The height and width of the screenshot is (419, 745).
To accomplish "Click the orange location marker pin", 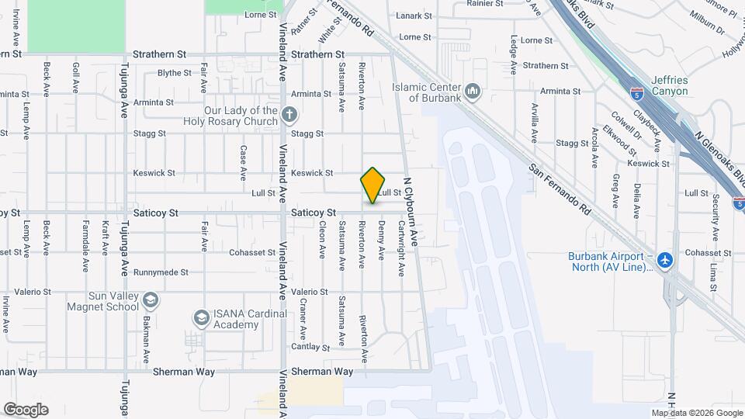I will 372,185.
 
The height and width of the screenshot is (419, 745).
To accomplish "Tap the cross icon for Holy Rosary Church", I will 289,116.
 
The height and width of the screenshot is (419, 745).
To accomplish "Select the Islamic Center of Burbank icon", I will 473,92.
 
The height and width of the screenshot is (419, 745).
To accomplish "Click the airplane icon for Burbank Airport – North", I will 664,261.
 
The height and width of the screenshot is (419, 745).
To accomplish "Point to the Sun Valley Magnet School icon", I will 151,300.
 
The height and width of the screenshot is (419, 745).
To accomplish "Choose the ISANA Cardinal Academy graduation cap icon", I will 202,318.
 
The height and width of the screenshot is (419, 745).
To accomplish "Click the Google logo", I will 26,410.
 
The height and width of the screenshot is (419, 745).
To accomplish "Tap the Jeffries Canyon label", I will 670,85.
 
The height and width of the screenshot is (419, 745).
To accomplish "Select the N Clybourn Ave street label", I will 413,216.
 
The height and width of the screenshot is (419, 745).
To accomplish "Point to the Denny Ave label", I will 381,241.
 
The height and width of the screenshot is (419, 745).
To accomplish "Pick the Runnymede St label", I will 161,272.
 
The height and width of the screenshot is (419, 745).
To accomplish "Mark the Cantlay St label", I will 311,347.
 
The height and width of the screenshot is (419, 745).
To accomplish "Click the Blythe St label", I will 174,73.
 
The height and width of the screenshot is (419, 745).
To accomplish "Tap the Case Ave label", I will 243,158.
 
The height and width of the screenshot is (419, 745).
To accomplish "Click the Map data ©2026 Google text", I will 697,413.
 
